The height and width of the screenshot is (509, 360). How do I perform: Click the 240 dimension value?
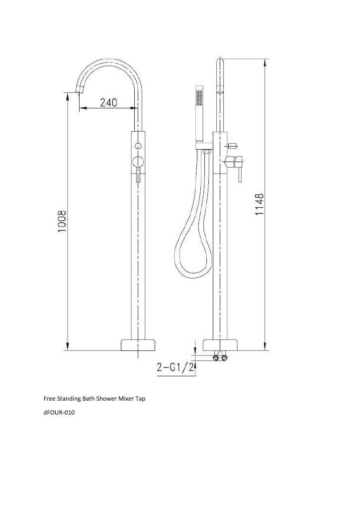[108, 102]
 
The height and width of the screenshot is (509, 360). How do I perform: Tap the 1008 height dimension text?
[62, 221]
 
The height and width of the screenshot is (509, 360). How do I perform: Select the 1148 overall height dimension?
[259, 204]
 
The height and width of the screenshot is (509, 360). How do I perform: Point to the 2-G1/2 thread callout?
[176, 367]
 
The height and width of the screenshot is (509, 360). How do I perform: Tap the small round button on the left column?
[139, 145]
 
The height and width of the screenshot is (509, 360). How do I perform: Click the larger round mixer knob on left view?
[139, 162]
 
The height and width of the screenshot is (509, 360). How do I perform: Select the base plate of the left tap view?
[138, 345]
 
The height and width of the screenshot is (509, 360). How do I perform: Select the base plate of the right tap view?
[220, 345]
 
